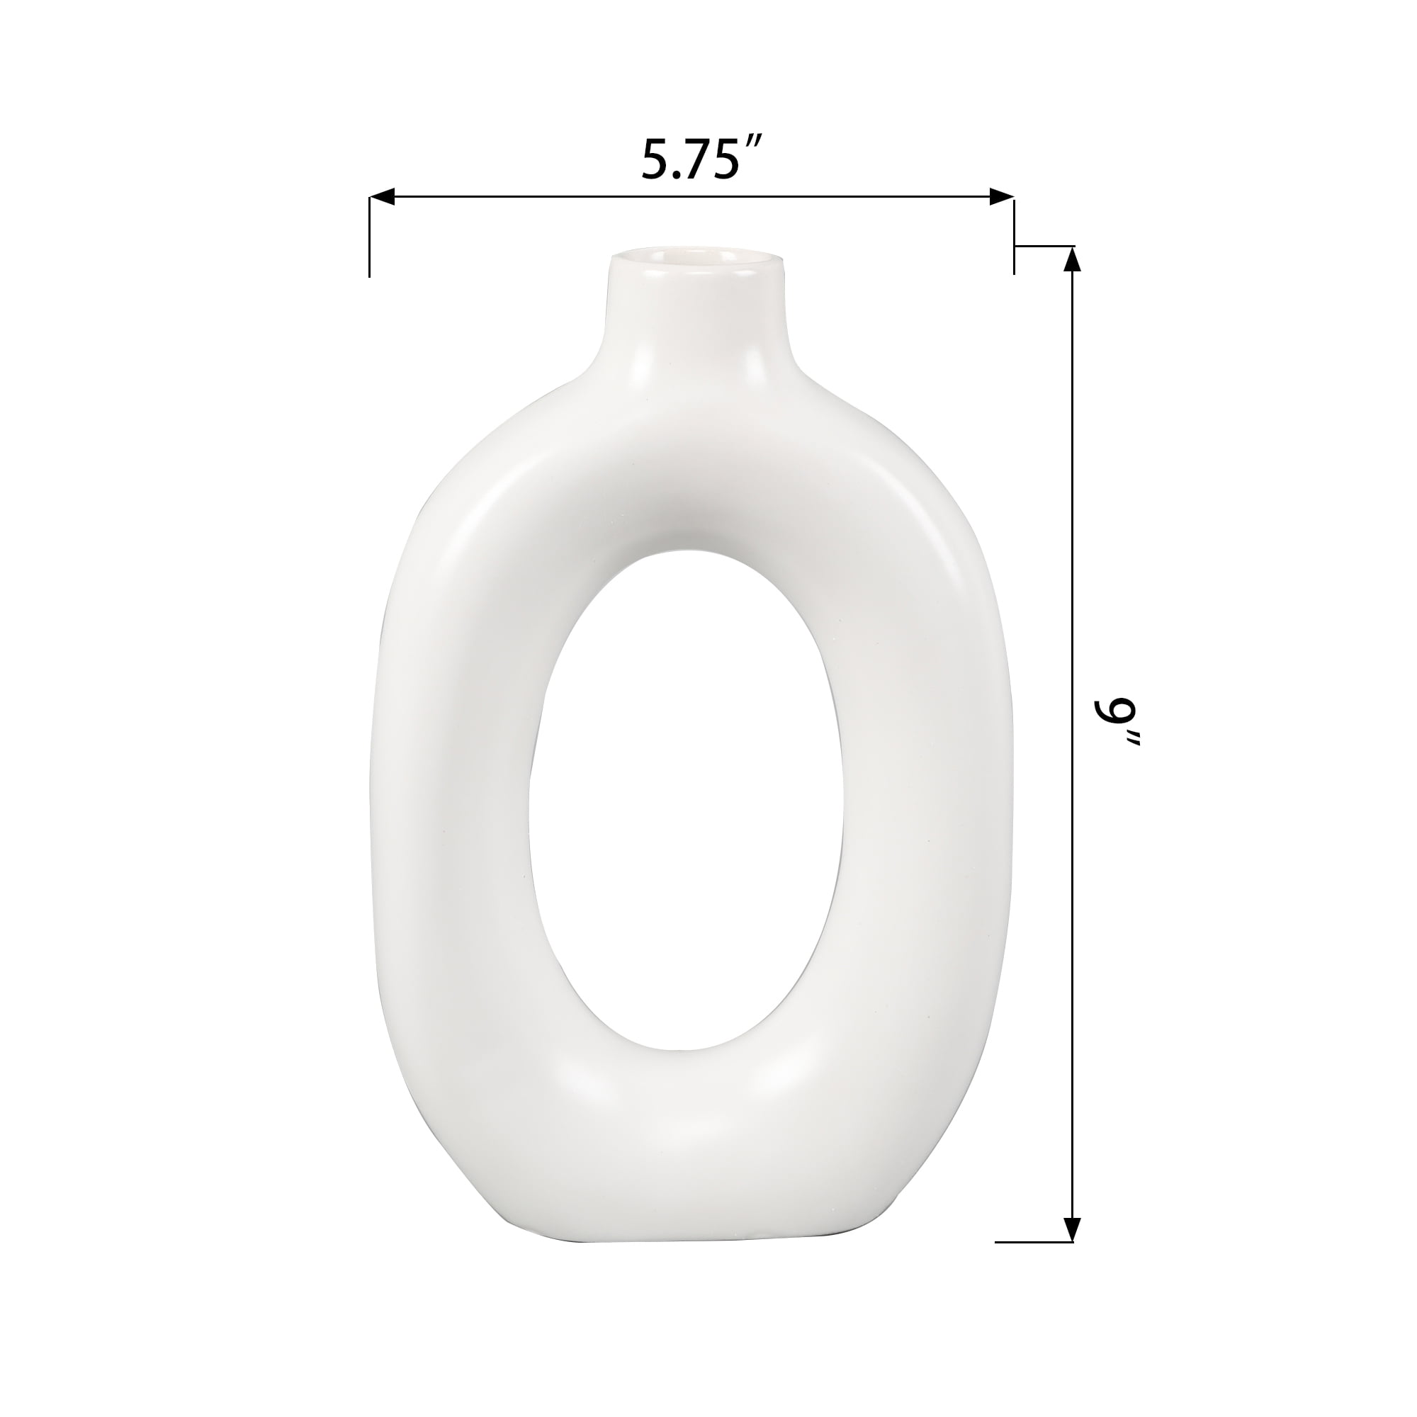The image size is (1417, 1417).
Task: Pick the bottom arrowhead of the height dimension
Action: point(1072,1207)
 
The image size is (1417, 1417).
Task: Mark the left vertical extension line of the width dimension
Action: point(369,237)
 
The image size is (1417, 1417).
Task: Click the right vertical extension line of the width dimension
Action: point(1015,235)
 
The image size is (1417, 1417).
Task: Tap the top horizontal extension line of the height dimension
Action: point(1044,246)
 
